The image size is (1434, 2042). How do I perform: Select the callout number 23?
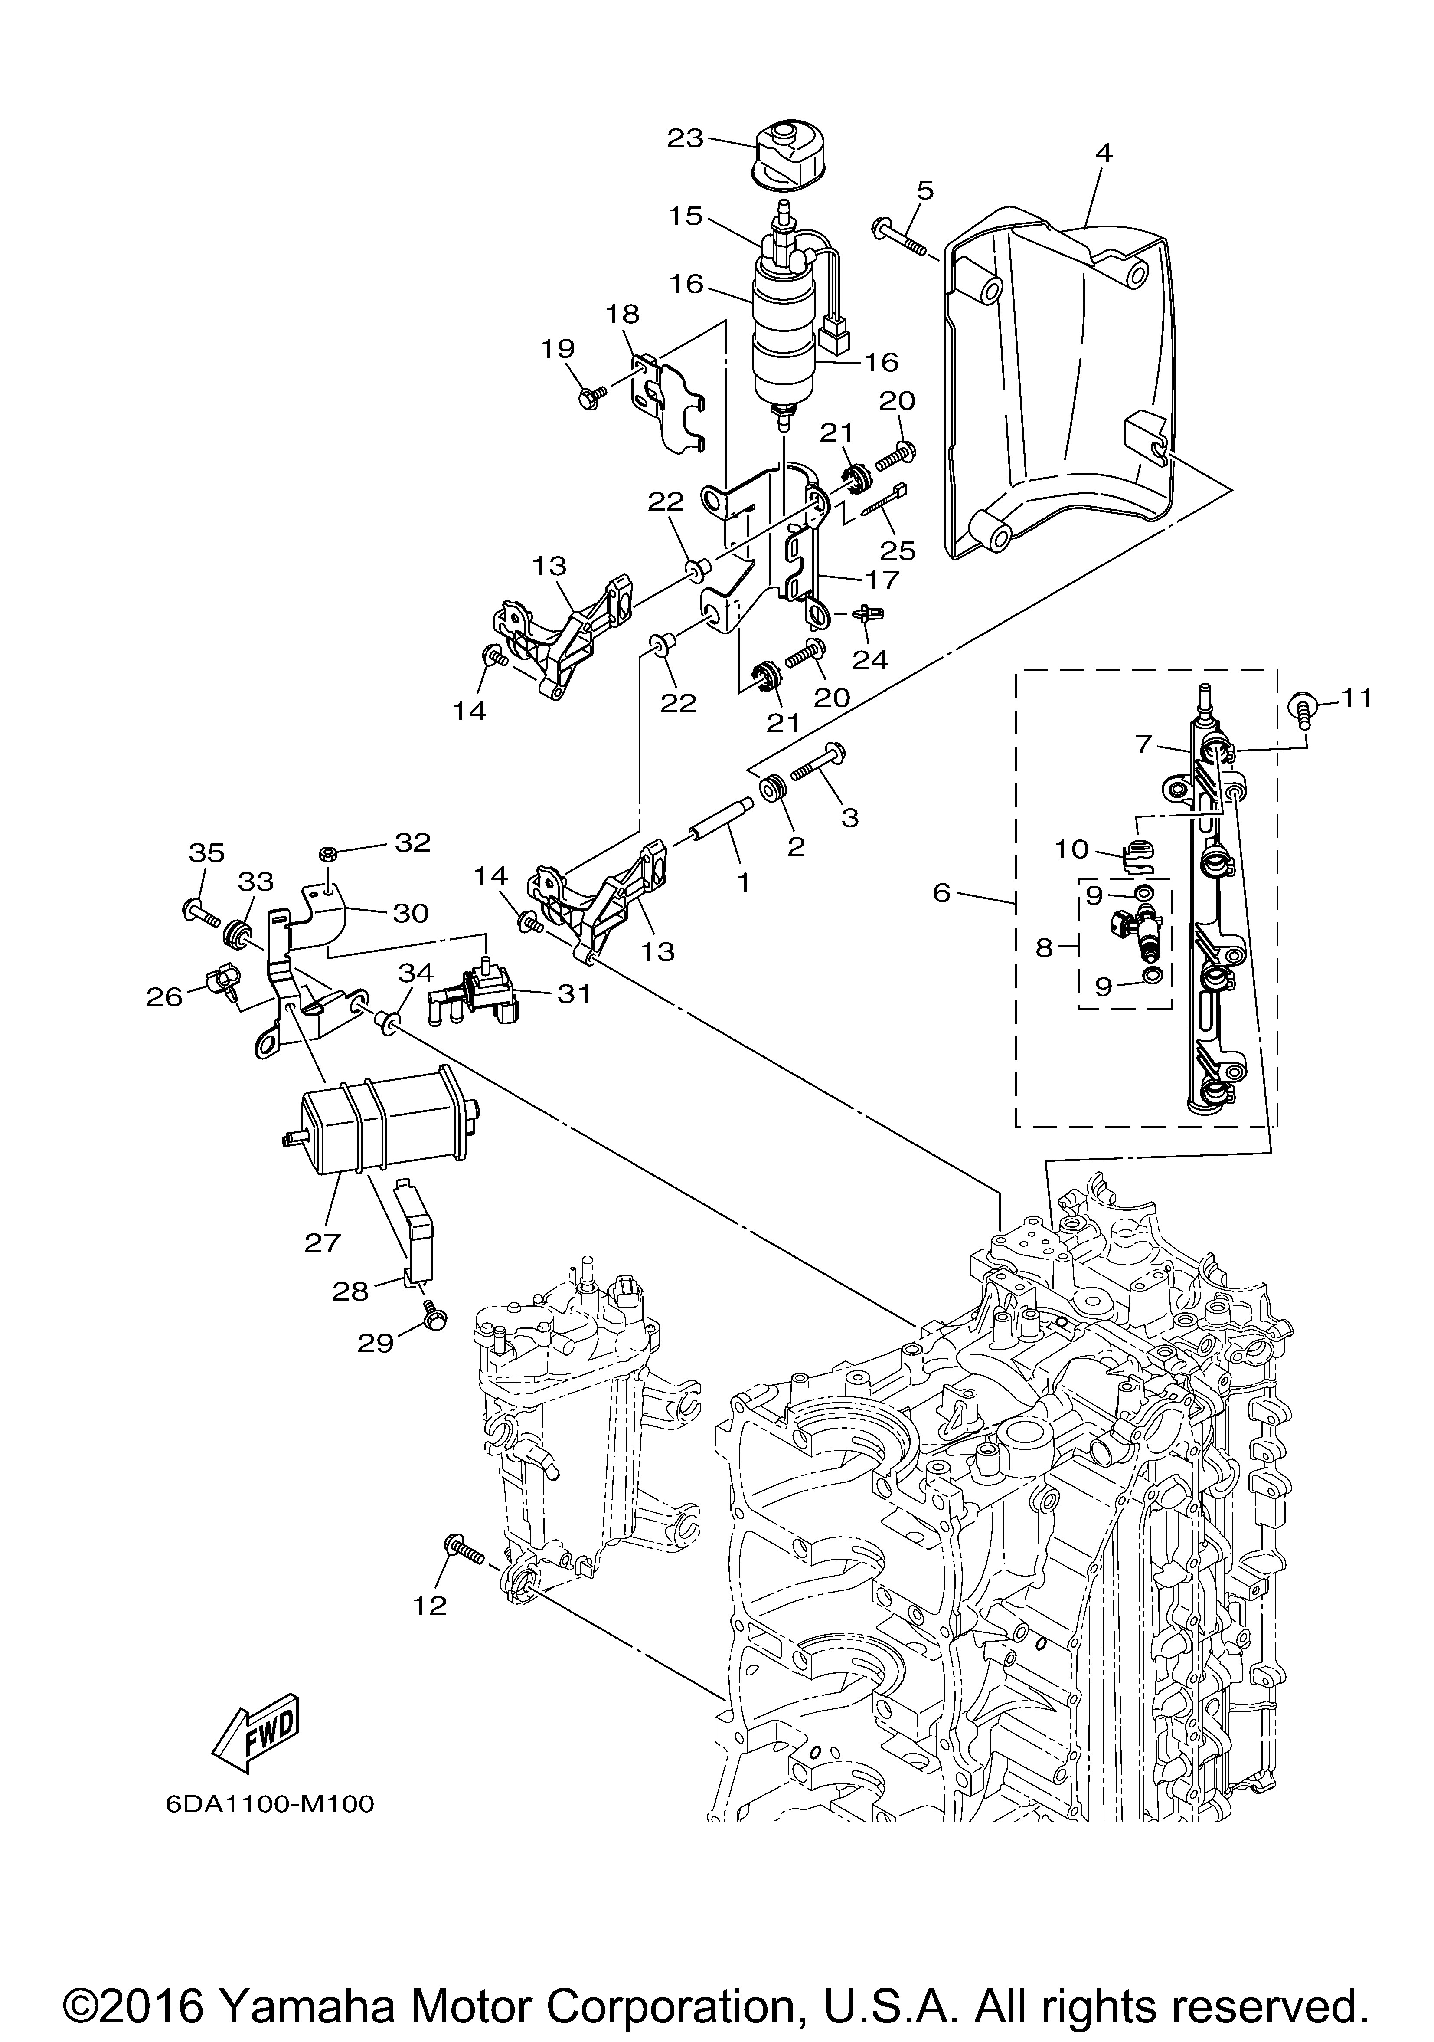[x=686, y=139]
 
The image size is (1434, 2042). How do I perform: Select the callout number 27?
[x=323, y=1242]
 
